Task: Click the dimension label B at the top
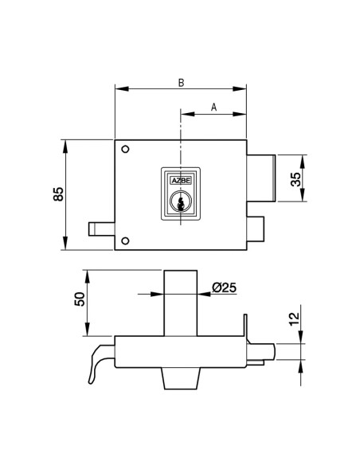coord(181,81)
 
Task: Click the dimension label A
coord(214,107)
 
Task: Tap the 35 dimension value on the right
coord(295,178)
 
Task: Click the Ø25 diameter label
coord(225,289)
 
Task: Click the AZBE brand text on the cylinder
coord(182,182)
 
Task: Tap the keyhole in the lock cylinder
coord(182,205)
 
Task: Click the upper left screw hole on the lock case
coord(124,150)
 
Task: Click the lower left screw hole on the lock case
coord(124,241)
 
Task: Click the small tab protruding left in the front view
coord(100,229)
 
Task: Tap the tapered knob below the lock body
coord(181,379)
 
